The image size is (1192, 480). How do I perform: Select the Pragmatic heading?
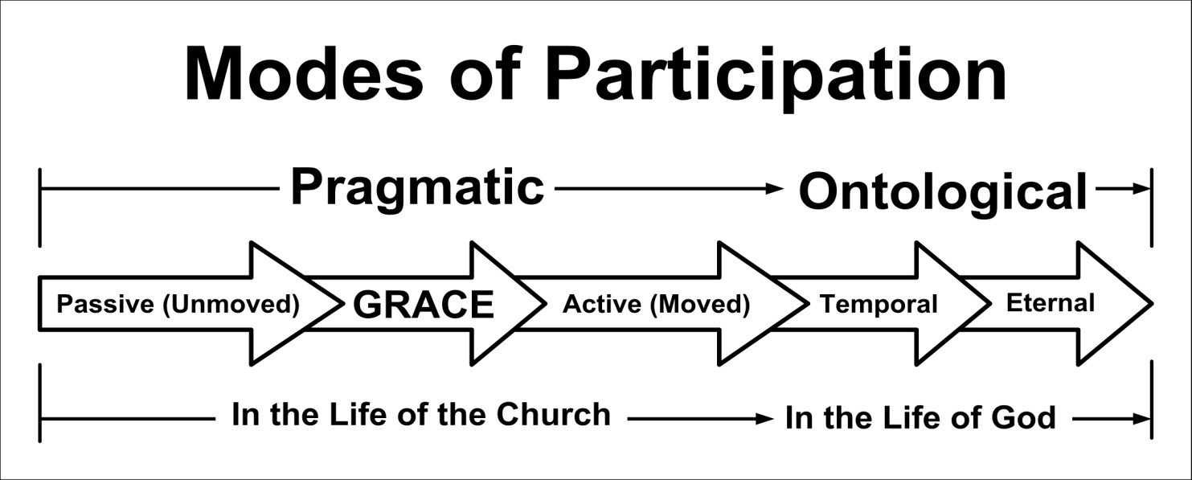coord(417,190)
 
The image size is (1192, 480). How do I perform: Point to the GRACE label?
coord(424,305)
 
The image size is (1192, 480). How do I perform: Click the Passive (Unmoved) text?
coord(178,305)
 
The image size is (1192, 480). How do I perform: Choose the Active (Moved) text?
coord(656,305)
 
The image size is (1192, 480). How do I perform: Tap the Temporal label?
coord(879,305)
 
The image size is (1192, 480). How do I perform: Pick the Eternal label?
coord(1051,303)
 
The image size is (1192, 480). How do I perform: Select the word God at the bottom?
coord(1022,418)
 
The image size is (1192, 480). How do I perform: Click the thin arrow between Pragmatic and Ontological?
coord(669,188)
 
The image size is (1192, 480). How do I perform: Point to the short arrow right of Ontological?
coord(1122,188)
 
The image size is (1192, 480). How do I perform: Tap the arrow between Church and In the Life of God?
coord(700,420)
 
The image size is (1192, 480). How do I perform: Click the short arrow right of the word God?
coord(1111,420)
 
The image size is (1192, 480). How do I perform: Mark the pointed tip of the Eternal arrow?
coord(1152,304)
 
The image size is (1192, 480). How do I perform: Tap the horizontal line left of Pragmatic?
coord(160,188)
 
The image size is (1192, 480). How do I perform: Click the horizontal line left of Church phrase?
coord(128,420)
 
